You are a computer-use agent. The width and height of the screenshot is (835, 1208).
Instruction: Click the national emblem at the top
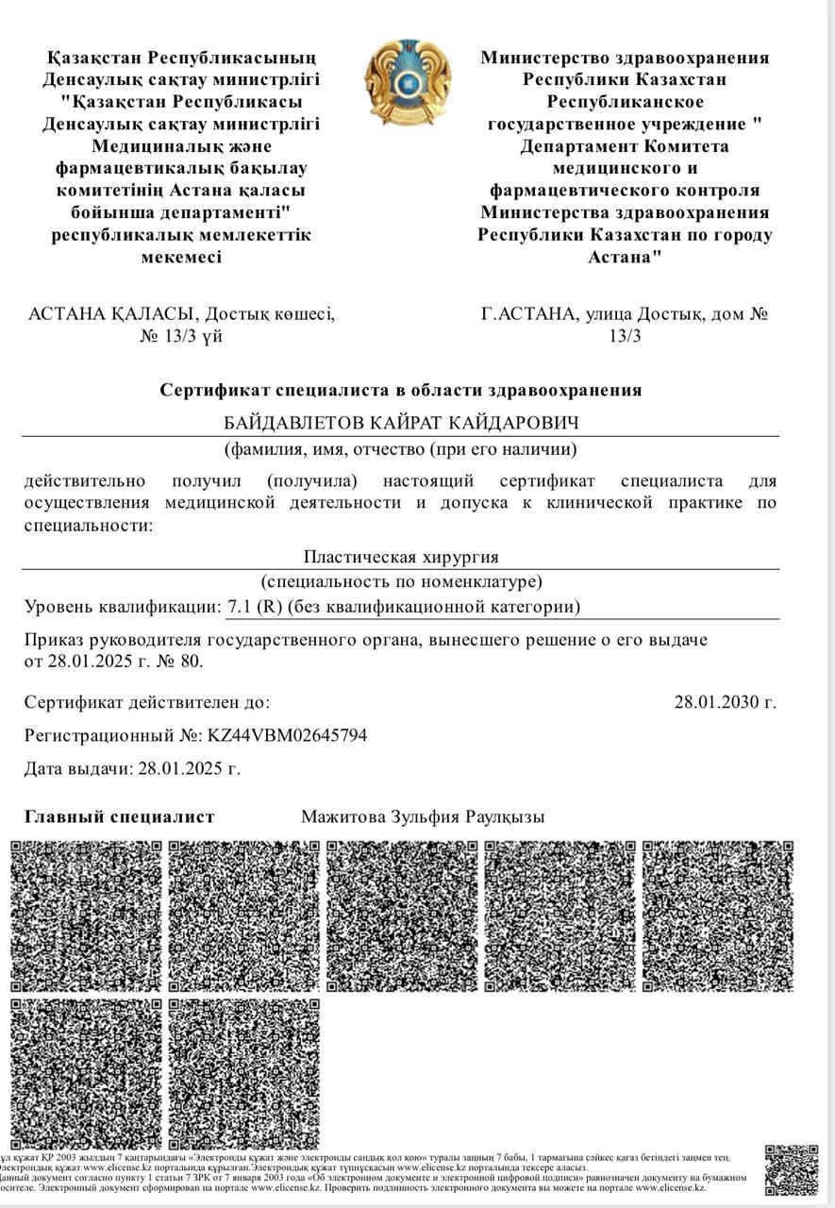click(409, 82)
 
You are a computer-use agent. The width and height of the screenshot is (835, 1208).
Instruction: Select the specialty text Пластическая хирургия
click(401, 557)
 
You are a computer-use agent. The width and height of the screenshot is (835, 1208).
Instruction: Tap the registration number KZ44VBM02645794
click(287, 735)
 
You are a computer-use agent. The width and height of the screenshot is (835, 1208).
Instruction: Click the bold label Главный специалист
click(120, 817)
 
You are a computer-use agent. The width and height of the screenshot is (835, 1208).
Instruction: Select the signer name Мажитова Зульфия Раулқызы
click(423, 817)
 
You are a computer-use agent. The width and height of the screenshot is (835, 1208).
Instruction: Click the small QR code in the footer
click(791, 1170)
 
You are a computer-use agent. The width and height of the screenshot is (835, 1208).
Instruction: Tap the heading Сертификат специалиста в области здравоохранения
click(401, 390)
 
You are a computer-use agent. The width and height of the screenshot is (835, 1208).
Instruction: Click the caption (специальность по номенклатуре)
click(401, 581)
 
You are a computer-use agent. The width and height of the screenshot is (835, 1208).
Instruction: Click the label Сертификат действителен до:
click(147, 702)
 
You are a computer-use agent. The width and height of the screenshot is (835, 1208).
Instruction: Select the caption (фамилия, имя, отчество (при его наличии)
click(400, 449)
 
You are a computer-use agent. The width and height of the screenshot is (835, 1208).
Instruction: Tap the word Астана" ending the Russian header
click(625, 257)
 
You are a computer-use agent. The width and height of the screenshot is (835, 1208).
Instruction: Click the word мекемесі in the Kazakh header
click(181, 257)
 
